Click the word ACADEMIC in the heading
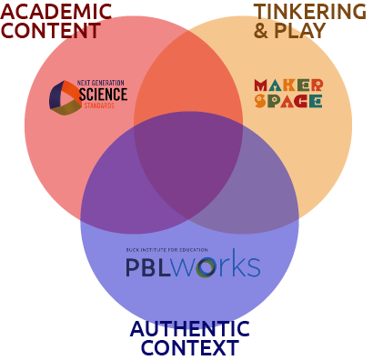tap(56, 12)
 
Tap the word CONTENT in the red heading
tap(51, 31)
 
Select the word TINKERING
tap(310, 12)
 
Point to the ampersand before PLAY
tap(261, 31)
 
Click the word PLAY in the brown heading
tap(299, 31)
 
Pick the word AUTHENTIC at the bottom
tap(190, 329)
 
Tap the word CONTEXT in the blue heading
tap(190, 347)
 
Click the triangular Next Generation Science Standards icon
tap(65, 98)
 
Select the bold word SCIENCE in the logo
tap(103, 95)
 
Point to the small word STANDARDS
tap(99, 105)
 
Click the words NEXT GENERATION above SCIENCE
tap(101, 83)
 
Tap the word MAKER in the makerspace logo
tap(288, 85)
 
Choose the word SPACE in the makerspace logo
tap(288, 101)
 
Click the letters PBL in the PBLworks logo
tap(148, 267)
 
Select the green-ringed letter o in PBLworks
tap(206, 267)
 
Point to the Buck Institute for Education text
tap(167, 250)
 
